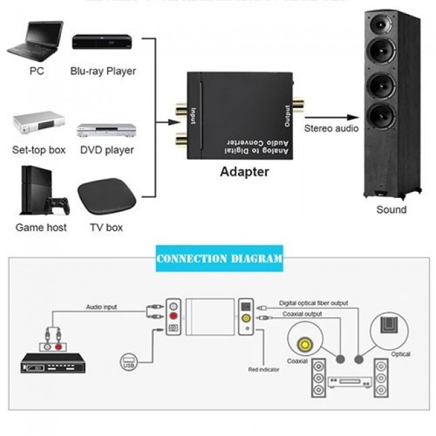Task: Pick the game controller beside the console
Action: point(60,202)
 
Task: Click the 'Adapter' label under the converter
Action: point(244,172)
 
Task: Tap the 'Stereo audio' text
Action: point(331,128)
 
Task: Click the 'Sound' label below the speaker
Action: point(391,209)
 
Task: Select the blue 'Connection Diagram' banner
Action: point(219,258)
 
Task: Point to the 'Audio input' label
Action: point(101,307)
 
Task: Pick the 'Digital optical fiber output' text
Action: point(314,303)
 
